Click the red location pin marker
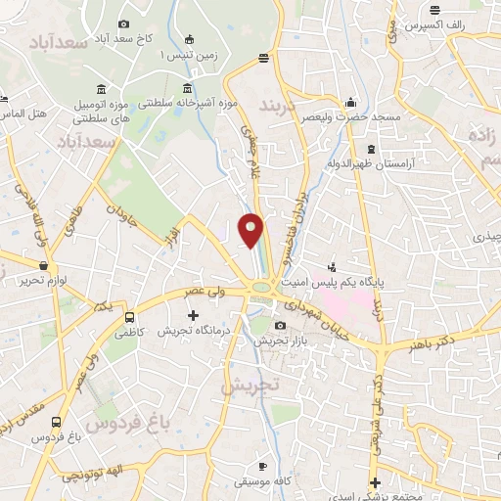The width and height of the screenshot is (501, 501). (x=251, y=230)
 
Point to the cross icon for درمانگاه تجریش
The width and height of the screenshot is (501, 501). (x=193, y=316)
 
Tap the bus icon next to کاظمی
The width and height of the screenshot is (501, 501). (x=129, y=318)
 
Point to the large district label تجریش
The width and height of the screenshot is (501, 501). (x=248, y=387)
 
